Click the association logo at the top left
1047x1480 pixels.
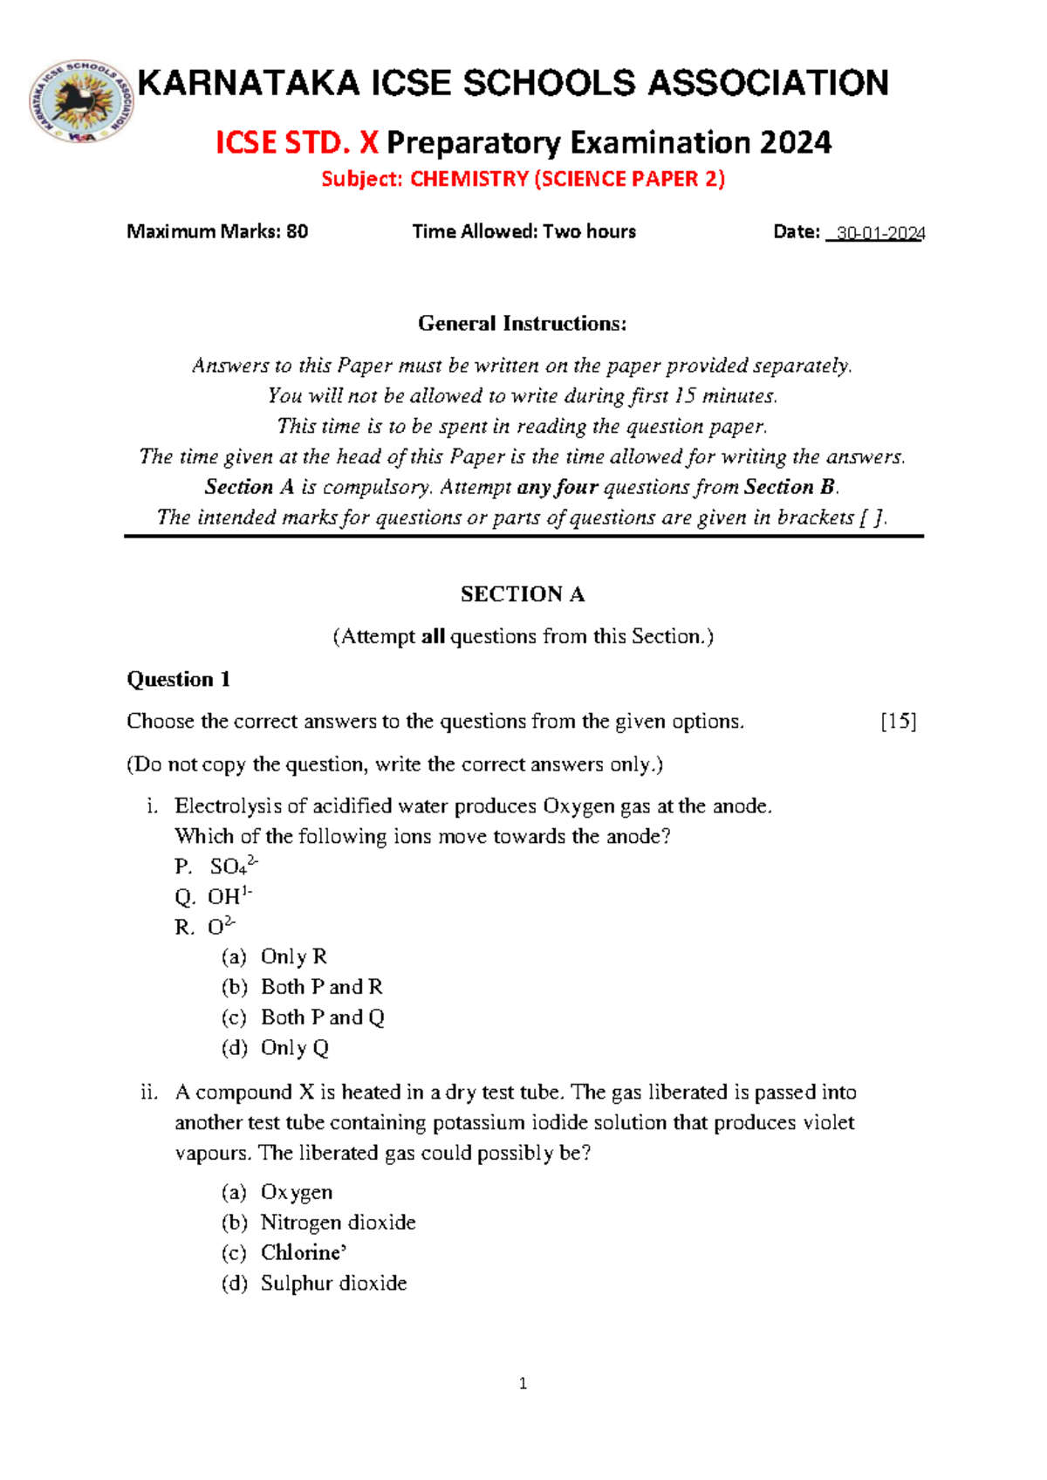pyautogui.click(x=80, y=101)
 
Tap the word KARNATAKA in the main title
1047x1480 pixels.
pyautogui.click(x=248, y=84)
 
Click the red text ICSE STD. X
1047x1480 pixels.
pyautogui.click(x=297, y=142)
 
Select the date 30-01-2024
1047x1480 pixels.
pyautogui.click(x=879, y=233)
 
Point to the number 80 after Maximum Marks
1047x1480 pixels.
pyautogui.click(x=297, y=231)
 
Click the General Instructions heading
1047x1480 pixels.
pyautogui.click(x=522, y=324)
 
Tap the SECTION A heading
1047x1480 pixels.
pyautogui.click(x=522, y=594)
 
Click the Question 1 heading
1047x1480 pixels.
pyautogui.click(x=178, y=679)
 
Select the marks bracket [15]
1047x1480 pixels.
pyautogui.click(x=898, y=722)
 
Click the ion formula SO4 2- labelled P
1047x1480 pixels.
pyautogui.click(x=233, y=866)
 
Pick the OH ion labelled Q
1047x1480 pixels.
pyautogui.click(x=229, y=896)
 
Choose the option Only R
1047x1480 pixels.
pyautogui.click(x=293, y=956)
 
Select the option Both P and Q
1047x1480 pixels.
pyautogui.click(x=322, y=1017)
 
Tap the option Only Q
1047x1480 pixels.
pyautogui.click(x=294, y=1048)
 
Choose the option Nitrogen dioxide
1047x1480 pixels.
pyautogui.click(x=338, y=1223)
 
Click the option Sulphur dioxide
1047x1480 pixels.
pyautogui.click(x=333, y=1284)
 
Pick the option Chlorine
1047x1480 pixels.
pyautogui.click(x=302, y=1253)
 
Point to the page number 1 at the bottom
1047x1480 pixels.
pyautogui.click(x=523, y=1383)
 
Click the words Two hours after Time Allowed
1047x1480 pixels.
pyautogui.click(x=589, y=231)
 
